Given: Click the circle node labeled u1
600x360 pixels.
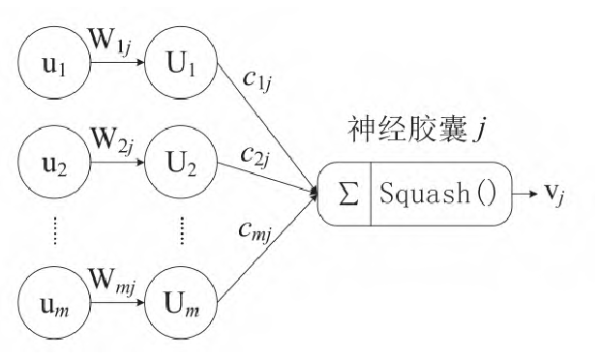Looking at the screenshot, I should click(54, 70).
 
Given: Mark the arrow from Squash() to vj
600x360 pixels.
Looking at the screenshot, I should click(524, 196).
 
